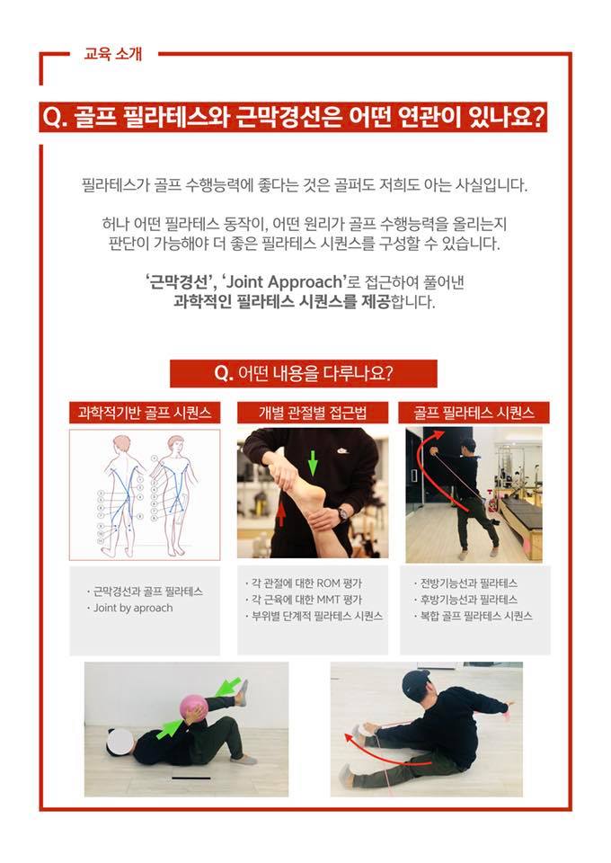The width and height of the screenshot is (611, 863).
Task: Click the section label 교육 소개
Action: point(112,54)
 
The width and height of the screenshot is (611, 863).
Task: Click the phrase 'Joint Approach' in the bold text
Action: point(285,281)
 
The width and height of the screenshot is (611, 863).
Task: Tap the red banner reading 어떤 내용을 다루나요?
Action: point(304,374)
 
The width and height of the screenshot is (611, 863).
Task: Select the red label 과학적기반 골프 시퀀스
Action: point(145,413)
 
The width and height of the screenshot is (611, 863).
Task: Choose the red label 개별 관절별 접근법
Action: point(313,413)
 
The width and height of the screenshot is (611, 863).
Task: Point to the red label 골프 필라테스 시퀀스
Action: point(474,413)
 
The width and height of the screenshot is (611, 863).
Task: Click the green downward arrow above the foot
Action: point(313,463)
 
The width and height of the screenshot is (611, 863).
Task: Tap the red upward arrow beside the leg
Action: point(281,513)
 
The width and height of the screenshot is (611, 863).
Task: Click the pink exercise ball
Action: point(193,708)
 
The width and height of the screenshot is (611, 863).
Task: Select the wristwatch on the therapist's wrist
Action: point(344,512)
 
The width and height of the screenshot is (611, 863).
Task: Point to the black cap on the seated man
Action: point(415,682)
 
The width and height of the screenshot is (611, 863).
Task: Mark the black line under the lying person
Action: point(190,778)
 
